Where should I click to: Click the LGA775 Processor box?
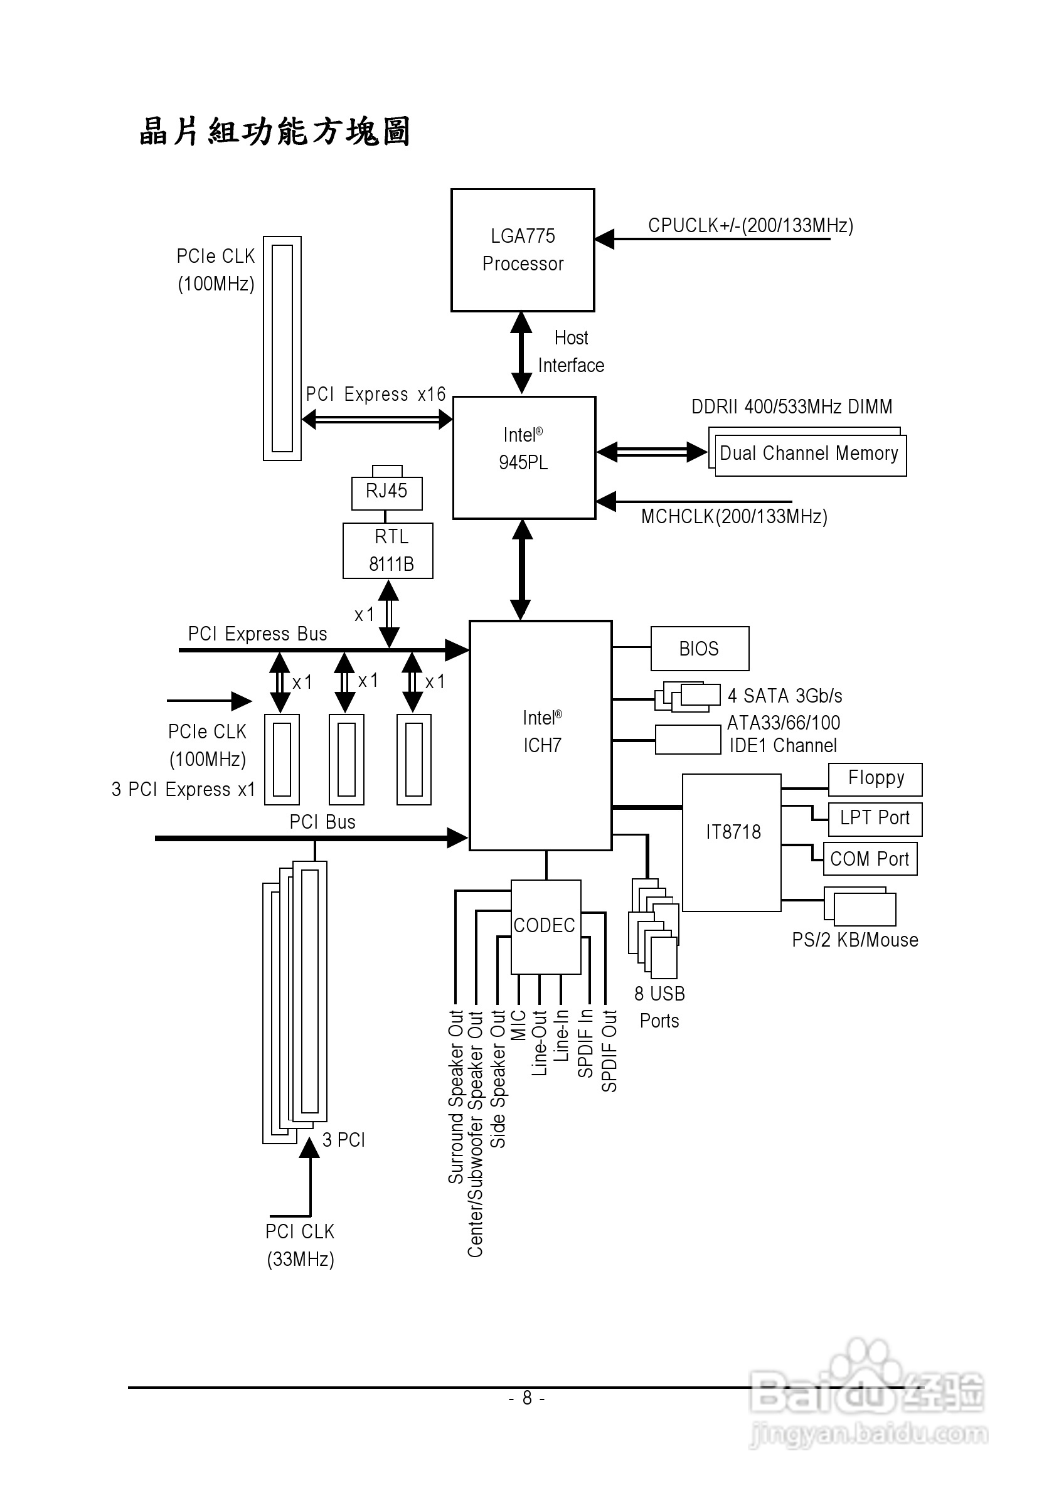pos(523,250)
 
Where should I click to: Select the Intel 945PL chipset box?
pos(524,458)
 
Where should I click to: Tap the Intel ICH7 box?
pos(540,735)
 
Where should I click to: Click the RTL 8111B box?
pos(388,551)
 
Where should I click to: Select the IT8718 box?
pos(732,842)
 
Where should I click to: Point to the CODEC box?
pos(546,927)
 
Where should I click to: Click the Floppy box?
pos(875,779)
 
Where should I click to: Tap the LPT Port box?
pos(875,819)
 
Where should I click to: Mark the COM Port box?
pos(870,859)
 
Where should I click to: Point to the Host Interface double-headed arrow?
pos(521,353)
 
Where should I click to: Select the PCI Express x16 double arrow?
pos(377,420)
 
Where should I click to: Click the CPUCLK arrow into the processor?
pos(712,239)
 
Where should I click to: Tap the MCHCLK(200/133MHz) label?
pos(734,517)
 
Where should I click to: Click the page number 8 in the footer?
pos(526,1398)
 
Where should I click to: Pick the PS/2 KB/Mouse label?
pos(855,940)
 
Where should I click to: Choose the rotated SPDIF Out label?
pos(609,1051)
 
